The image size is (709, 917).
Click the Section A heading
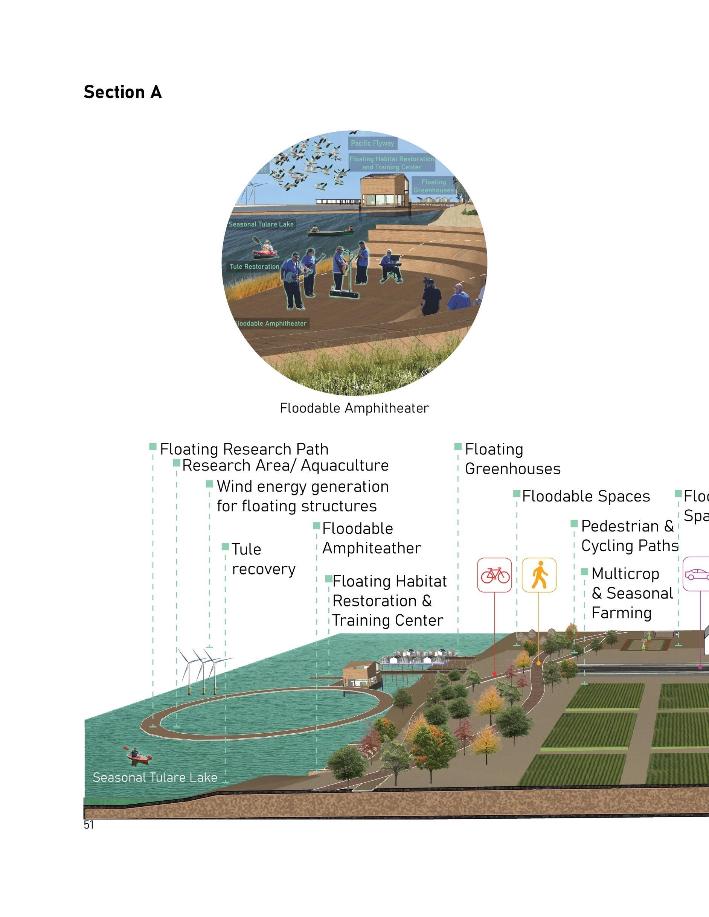[x=123, y=92]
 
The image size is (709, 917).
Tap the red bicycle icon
[x=494, y=575]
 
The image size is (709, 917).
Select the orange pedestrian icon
[x=539, y=575]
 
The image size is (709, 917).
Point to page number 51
[x=88, y=825]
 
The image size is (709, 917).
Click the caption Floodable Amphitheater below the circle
[x=354, y=408]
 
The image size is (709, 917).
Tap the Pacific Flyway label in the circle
[x=372, y=143]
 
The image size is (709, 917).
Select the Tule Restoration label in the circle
[x=254, y=267]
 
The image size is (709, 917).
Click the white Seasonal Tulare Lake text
[x=155, y=778]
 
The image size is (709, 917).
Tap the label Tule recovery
[x=263, y=559]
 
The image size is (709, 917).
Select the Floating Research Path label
[x=244, y=449]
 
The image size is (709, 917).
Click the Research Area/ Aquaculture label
[x=285, y=466]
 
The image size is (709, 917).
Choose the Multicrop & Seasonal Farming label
[x=632, y=593]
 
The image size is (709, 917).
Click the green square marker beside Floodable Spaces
[x=517, y=494]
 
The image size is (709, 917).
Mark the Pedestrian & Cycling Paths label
[x=629, y=536]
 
